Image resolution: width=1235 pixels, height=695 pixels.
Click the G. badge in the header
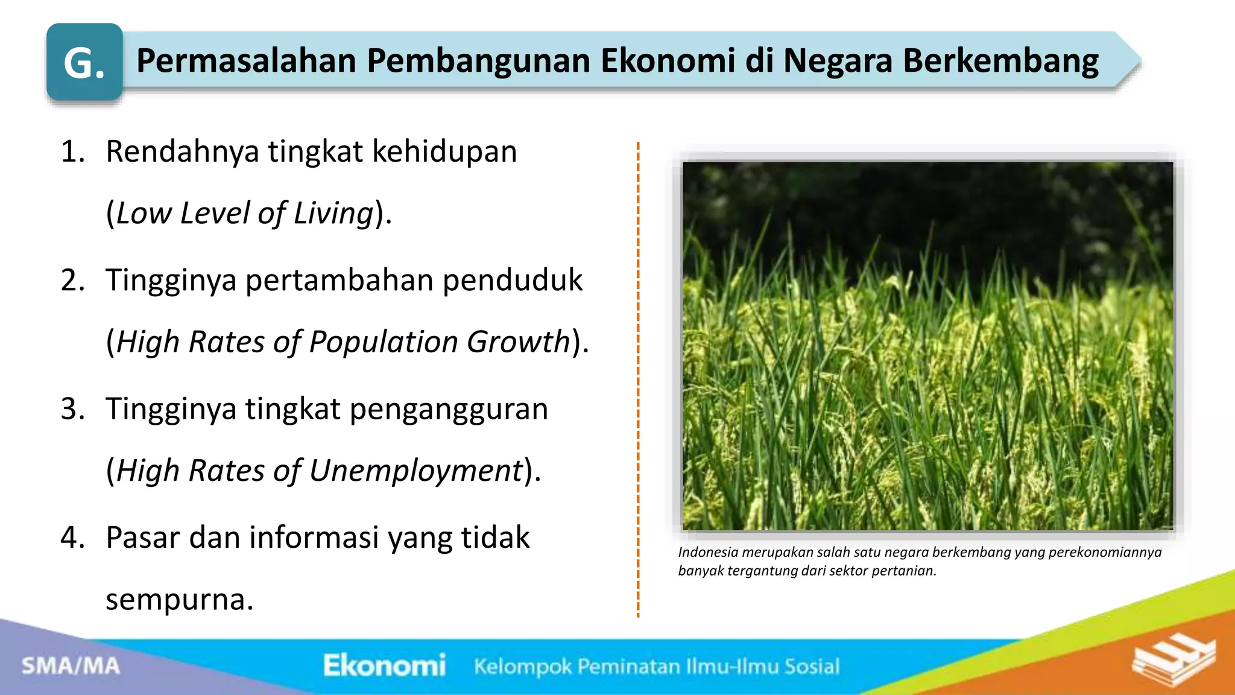tap(84, 62)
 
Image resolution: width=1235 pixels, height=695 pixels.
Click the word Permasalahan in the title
tap(246, 61)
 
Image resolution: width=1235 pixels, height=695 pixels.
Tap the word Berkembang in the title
tap(1000, 61)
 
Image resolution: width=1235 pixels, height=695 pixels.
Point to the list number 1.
tap(73, 151)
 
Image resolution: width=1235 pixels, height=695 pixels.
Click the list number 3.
tap(73, 409)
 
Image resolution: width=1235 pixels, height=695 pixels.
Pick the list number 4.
tap(73, 538)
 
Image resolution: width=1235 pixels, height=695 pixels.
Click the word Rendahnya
tap(183, 151)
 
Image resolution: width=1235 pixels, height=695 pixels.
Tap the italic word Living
tap(333, 214)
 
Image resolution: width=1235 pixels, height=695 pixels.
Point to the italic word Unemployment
tap(415, 471)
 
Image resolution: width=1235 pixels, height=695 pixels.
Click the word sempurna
tap(179, 600)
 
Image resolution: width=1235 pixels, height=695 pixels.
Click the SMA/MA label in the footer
tap(71, 666)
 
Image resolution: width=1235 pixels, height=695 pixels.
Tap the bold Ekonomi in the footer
tap(384, 665)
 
